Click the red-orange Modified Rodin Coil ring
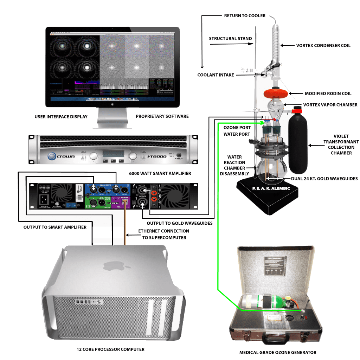click(275, 94)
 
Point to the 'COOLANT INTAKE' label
click(216, 75)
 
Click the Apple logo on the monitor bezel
click(112, 104)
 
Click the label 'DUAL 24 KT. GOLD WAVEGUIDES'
click(324, 179)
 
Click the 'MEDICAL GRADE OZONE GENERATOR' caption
click(278, 352)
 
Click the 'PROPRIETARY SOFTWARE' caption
click(162, 116)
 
